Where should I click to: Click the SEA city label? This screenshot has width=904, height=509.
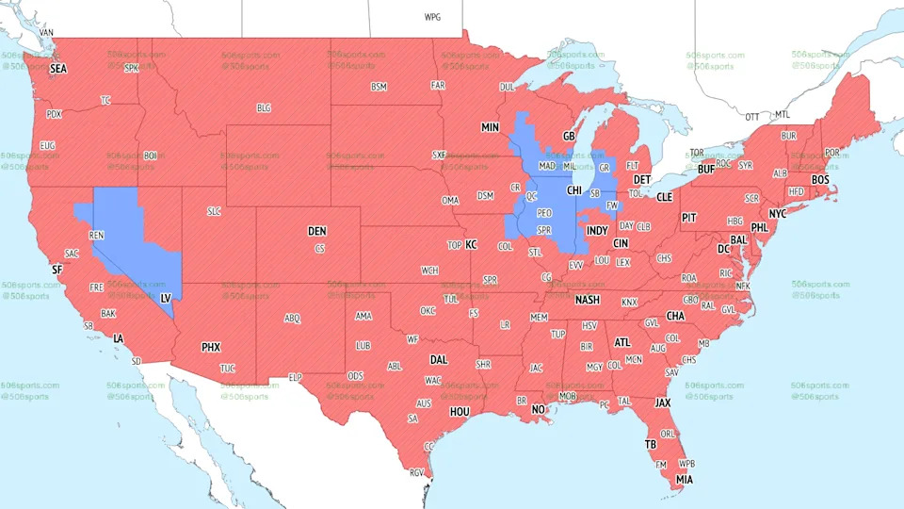coord(58,69)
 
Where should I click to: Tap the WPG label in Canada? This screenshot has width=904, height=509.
coord(432,17)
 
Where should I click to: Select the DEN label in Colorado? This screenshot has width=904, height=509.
coord(317,231)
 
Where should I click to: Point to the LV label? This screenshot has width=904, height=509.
coord(166,298)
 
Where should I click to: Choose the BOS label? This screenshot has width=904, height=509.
coord(820,179)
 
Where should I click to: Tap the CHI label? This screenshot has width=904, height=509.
coord(574,190)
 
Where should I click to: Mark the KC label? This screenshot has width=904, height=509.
coord(472,245)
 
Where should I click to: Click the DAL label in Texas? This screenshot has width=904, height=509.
coord(439,359)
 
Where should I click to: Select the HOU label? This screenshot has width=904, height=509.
coord(460,411)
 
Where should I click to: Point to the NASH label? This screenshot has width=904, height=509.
coord(588,300)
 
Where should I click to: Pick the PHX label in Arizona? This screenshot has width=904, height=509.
coord(211,347)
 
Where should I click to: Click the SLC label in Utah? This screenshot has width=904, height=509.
coord(214,211)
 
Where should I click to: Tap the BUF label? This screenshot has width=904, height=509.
coord(705,170)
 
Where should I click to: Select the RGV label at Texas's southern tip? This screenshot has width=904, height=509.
coord(417,473)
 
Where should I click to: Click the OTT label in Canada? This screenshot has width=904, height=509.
coord(751,117)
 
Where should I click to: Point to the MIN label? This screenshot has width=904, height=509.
coord(490,127)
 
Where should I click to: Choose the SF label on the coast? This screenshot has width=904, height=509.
coord(56,270)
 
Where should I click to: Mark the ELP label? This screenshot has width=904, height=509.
coord(295,377)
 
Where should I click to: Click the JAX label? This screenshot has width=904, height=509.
coord(663,402)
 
